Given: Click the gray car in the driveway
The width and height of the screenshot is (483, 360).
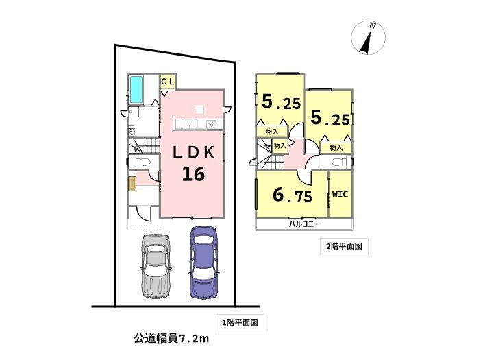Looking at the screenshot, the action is tap(156, 267).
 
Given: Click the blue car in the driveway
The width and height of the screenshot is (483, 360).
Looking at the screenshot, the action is tap(203, 263).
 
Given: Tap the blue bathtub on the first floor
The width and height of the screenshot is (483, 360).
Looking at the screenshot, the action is tap(136, 90).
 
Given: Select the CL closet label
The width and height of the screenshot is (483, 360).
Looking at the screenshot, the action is tap(168, 82).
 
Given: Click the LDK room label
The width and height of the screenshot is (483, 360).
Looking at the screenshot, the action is tap(193, 152).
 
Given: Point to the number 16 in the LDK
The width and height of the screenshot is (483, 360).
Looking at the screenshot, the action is tap(193, 174).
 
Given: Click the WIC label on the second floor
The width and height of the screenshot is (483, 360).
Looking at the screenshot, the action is tap(340, 194).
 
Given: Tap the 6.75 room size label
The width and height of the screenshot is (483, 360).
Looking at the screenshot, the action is tap(293, 195).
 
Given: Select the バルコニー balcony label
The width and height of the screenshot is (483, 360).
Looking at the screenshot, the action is tap(304, 224).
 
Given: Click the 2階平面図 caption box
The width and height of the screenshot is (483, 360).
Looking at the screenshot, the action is tap(344, 246).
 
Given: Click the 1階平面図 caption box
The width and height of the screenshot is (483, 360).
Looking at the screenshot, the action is tap(240, 323).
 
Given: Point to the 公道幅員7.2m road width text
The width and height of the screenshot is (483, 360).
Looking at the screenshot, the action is tap(171, 339).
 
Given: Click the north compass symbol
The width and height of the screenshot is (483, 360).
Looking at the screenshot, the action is tap(368, 38).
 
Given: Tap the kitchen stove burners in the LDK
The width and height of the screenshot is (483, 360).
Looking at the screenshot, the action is tap(211, 124).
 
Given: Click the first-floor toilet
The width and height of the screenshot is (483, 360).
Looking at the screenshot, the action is tap(143, 162).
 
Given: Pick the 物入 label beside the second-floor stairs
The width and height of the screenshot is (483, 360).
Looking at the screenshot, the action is tap(280, 145).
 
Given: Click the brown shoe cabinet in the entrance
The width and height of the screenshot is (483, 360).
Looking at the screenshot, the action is tap(132, 184).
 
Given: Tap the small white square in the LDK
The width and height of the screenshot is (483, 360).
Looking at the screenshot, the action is tap(199, 110).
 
